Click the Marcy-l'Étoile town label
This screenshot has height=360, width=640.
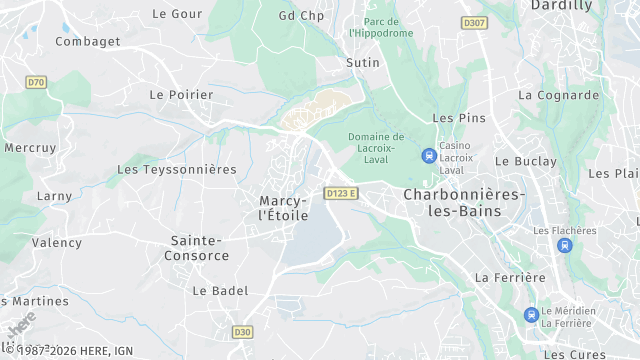click(284, 208)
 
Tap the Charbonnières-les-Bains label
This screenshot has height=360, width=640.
click(463, 203)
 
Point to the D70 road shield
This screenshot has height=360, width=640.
click(37, 82)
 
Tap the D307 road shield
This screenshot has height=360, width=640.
click(474, 22)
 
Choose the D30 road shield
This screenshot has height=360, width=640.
click(242, 331)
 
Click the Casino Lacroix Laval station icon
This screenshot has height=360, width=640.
click(429, 154)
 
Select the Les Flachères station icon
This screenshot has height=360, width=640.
click(565, 245)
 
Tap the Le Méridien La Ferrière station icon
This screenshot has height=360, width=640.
click(531, 315)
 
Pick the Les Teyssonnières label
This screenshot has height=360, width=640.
click(177, 170)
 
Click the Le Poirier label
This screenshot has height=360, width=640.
click(181, 95)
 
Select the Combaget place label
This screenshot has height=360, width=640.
click(88, 42)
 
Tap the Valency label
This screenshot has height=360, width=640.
click(57, 243)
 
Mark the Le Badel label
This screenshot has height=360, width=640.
click(220, 291)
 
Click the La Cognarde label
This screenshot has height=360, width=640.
click(559, 96)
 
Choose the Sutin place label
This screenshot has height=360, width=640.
click(362, 63)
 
